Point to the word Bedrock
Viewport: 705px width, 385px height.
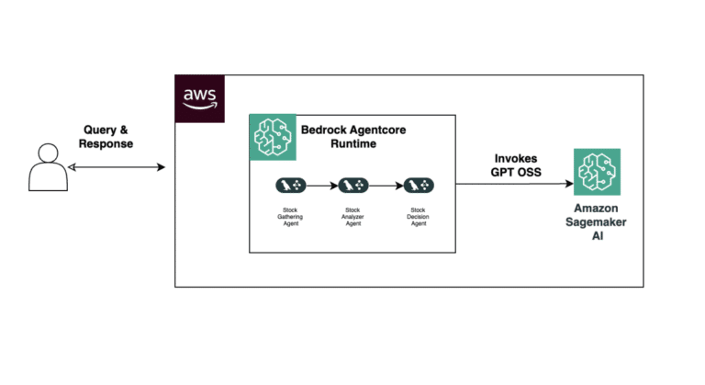(326, 130)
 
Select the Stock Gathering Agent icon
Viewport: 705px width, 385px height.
(291, 185)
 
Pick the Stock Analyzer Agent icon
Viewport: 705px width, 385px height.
(353, 185)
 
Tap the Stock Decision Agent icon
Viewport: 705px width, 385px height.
(419, 185)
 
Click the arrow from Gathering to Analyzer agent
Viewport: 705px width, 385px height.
(322, 185)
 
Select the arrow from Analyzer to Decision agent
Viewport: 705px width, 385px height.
(386, 185)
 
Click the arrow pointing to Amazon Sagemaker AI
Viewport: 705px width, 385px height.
(514, 184)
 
